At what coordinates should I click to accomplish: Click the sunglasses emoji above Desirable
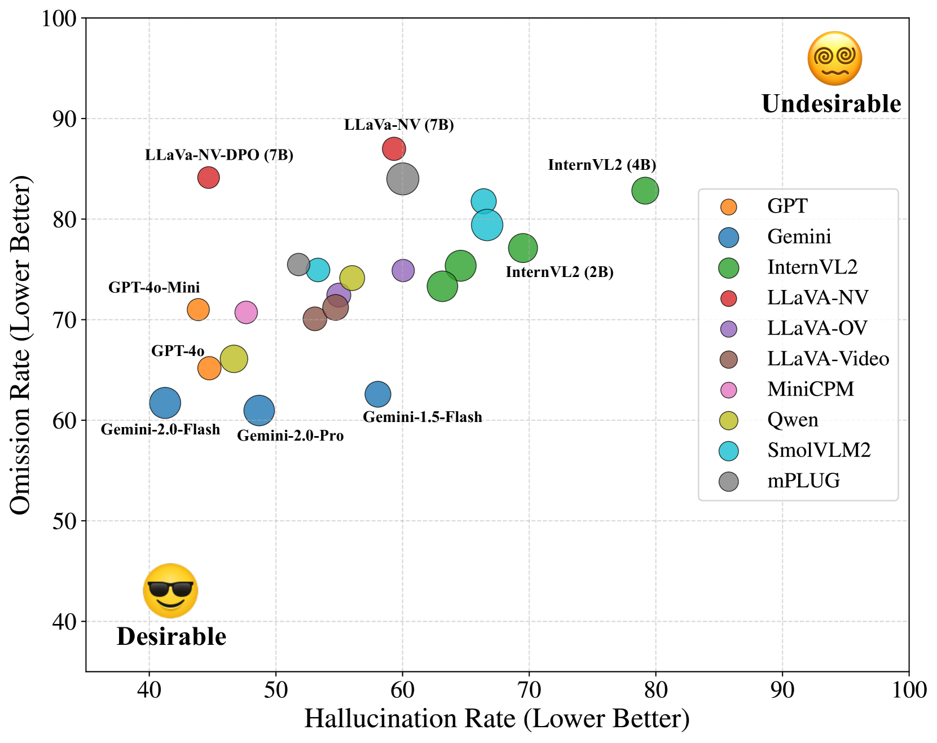170,591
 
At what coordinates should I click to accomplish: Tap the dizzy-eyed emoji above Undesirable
834,59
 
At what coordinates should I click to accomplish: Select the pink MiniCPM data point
246,312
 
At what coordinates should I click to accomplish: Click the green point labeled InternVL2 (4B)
645,191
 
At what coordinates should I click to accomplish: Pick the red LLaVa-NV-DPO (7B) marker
208,178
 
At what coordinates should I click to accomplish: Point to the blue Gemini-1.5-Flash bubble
377,394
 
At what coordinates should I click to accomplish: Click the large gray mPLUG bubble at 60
402,179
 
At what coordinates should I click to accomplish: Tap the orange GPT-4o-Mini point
198,309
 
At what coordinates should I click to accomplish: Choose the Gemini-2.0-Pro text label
290,436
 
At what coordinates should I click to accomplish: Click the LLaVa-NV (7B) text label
399,125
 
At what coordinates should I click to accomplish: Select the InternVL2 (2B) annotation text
559,272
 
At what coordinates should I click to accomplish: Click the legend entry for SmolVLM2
819,450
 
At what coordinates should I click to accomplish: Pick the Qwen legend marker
729,420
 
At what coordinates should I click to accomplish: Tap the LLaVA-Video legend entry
828,359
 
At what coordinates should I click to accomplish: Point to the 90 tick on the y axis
64,118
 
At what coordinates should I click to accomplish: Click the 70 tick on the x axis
529,689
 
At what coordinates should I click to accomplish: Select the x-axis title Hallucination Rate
496,719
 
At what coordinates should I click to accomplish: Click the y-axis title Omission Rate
20,345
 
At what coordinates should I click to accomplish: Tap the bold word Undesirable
831,104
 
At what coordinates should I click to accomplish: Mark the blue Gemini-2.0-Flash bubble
165,403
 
